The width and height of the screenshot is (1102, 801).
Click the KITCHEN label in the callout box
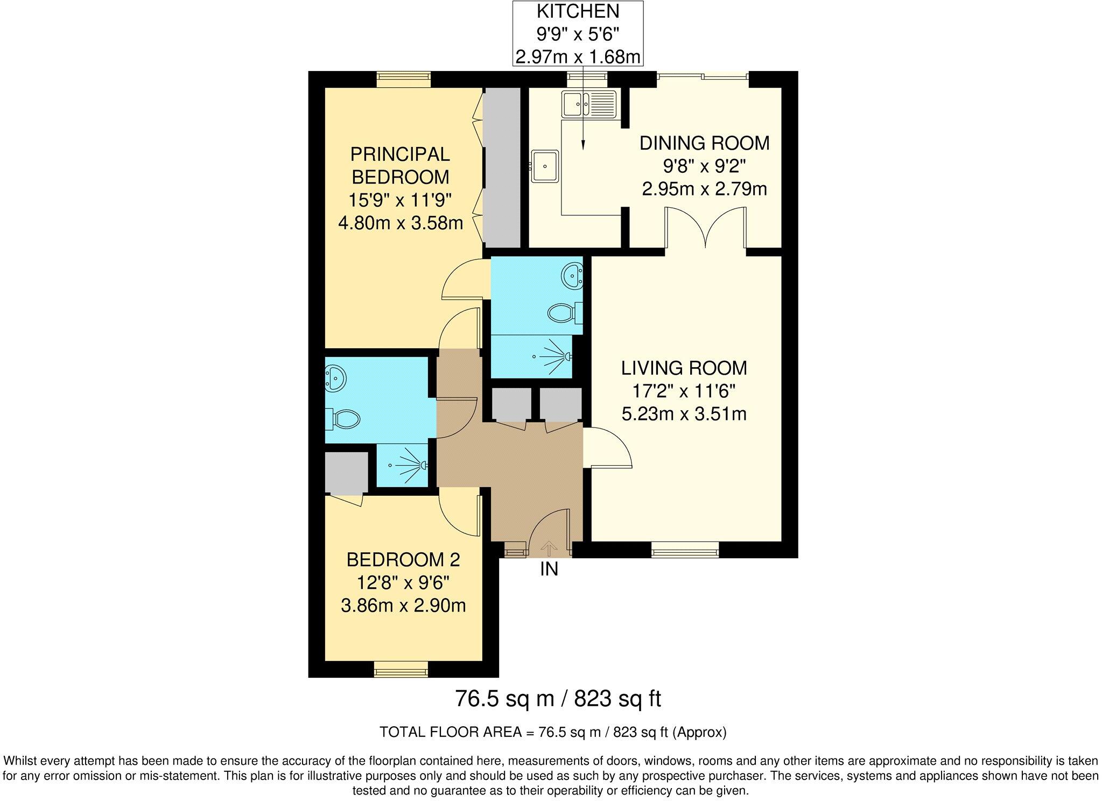[578, 11]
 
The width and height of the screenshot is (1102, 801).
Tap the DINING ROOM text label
[704, 143]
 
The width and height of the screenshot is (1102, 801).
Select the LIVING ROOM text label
[684, 368]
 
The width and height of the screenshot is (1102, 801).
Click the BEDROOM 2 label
[403, 560]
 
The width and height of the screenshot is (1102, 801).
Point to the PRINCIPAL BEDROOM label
[400, 165]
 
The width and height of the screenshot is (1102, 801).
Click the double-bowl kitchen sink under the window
[588, 104]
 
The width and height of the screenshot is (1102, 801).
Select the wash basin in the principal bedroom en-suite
[572, 276]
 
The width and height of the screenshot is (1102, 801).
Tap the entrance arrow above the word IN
[549, 548]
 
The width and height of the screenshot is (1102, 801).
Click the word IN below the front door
[549, 569]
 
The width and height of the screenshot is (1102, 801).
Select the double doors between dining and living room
[705, 231]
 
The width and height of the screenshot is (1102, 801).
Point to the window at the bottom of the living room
[685, 550]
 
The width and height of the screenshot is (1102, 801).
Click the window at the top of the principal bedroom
[404, 79]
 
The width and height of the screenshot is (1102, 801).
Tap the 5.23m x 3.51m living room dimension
[684, 414]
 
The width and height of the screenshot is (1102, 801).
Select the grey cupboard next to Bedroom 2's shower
[346, 472]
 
